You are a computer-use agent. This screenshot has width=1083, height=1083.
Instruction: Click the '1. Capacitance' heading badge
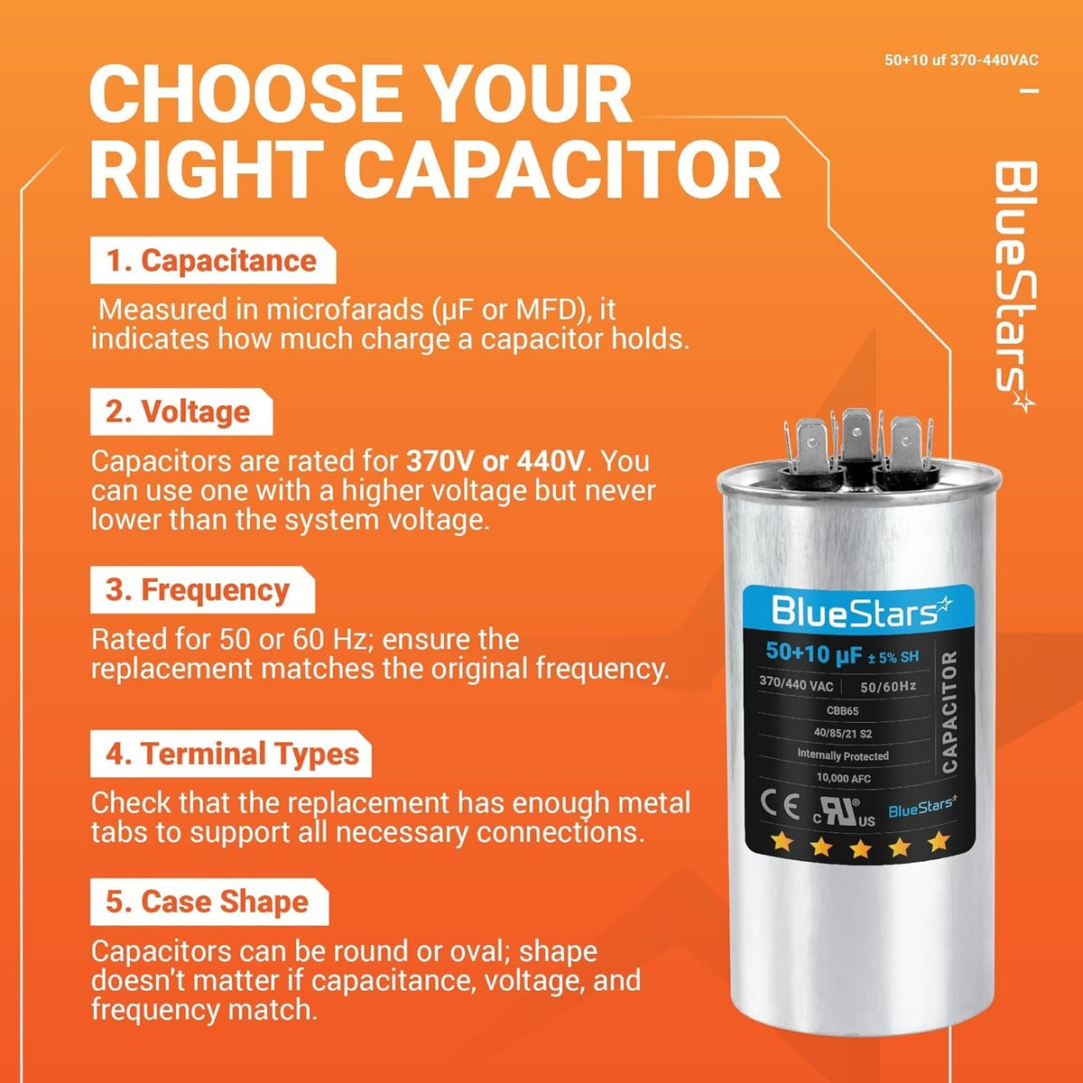click(x=213, y=260)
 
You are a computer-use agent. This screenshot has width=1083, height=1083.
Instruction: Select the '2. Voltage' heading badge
click(x=181, y=412)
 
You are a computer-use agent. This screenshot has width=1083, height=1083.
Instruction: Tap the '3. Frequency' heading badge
click(x=202, y=589)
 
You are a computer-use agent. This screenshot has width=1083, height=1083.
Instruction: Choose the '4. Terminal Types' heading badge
click(x=230, y=753)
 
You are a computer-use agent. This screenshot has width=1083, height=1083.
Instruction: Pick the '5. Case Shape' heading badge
click(x=209, y=902)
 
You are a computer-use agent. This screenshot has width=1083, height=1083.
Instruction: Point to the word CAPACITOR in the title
click(x=562, y=169)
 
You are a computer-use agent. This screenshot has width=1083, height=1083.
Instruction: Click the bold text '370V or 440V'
click(x=495, y=461)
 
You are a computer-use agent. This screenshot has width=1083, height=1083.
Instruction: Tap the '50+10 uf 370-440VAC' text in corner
click(x=961, y=60)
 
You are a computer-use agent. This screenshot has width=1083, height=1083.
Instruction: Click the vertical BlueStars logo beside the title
click(x=1015, y=287)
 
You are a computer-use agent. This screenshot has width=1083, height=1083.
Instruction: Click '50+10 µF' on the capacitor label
click(x=814, y=653)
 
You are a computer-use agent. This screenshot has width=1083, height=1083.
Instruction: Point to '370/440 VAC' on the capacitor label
click(x=796, y=683)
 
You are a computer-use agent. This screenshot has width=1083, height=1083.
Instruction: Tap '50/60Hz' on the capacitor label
click(x=888, y=686)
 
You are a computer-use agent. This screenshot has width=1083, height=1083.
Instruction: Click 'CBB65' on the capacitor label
click(x=842, y=711)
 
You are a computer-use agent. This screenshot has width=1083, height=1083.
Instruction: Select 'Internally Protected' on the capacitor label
click(x=843, y=755)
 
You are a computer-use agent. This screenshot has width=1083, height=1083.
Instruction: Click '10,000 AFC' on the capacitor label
click(x=844, y=778)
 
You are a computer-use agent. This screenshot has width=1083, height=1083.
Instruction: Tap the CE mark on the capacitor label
click(x=779, y=806)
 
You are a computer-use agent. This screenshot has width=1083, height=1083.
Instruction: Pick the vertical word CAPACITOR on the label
click(x=949, y=711)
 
